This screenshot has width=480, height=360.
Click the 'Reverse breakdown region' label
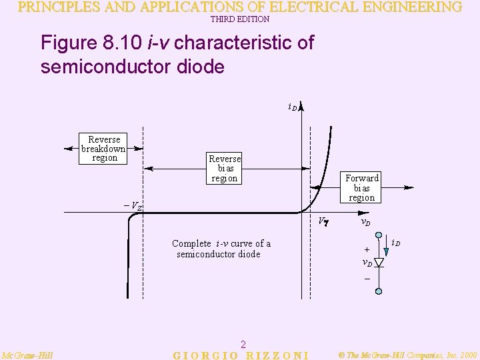click(x=103, y=149)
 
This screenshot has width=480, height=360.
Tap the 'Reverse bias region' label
click(x=225, y=169)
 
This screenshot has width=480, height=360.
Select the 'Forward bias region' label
click(x=362, y=188)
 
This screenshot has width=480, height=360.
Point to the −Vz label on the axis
click(x=133, y=206)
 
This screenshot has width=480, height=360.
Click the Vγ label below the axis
click(x=321, y=221)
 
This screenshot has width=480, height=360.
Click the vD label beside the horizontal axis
click(x=365, y=222)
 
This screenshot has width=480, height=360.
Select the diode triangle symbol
click(x=379, y=262)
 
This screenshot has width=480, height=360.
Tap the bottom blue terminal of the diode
click(x=379, y=291)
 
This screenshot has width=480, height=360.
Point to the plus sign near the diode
click(x=367, y=249)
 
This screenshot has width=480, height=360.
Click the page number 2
click(x=243, y=344)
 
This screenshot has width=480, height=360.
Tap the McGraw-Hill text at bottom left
click(x=27, y=355)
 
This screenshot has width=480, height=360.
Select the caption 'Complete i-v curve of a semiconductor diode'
click(x=221, y=249)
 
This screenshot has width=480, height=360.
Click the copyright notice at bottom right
click(x=407, y=355)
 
